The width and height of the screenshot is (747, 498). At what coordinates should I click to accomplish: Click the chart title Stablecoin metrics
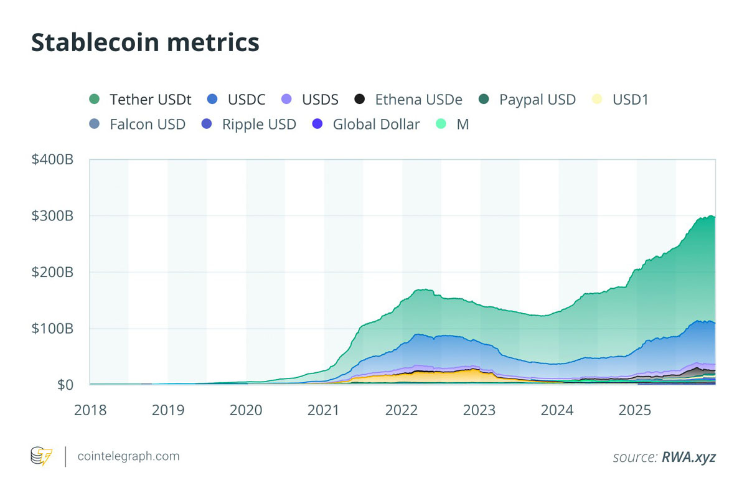tap(145, 42)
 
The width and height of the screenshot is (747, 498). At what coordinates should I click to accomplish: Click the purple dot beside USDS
tap(287, 99)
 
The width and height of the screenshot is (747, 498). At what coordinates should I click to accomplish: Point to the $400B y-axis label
tap(53, 159)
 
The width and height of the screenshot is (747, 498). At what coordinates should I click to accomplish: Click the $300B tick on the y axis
tap(53, 216)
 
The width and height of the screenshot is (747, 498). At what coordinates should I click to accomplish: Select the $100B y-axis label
tap(53, 328)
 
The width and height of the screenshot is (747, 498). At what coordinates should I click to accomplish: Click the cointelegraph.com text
tap(128, 456)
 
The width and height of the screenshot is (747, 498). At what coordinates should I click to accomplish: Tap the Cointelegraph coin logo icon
tap(42, 456)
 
